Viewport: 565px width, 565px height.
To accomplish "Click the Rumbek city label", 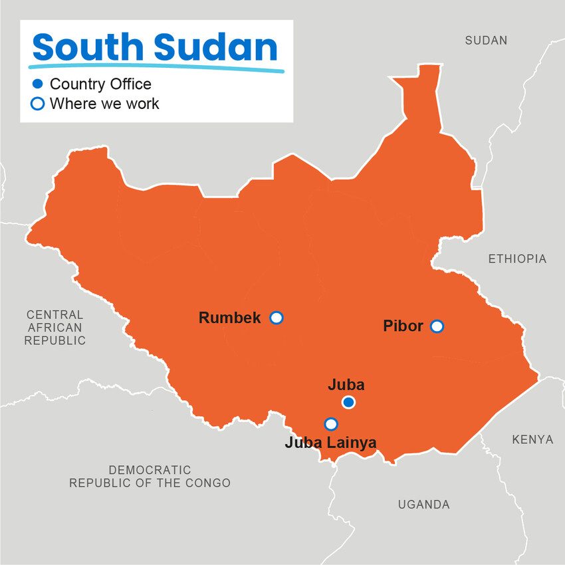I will [x=229, y=318].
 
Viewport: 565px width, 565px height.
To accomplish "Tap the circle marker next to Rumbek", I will [x=277, y=318].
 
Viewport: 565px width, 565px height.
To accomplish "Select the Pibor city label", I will [x=403, y=326].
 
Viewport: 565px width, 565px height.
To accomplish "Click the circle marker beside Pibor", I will [x=437, y=326].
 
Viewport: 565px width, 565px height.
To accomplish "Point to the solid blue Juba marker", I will [x=348, y=402].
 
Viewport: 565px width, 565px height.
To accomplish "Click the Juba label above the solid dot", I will [x=346, y=384].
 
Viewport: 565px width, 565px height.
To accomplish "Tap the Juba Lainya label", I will [x=330, y=442].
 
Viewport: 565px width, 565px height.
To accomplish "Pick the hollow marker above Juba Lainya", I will [x=330, y=423].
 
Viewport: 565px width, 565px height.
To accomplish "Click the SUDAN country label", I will [x=486, y=41].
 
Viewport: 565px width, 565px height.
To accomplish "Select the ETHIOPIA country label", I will [x=517, y=259].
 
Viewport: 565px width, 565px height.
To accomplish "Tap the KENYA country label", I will [x=532, y=439].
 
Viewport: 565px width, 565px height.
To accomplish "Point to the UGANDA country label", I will [x=423, y=505].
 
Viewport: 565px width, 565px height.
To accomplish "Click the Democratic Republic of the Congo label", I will [x=150, y=477].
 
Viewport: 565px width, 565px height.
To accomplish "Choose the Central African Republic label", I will [x=55, y=327].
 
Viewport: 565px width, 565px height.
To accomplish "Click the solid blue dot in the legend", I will [x=38, y=84].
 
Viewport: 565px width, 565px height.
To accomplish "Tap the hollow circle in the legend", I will [x=38, y=104].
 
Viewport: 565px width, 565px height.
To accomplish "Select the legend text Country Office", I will [x=100, y=84].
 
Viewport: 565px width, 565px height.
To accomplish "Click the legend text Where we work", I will [x=104, y=104].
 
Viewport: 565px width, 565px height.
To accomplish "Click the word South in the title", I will [x=88, y=48].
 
